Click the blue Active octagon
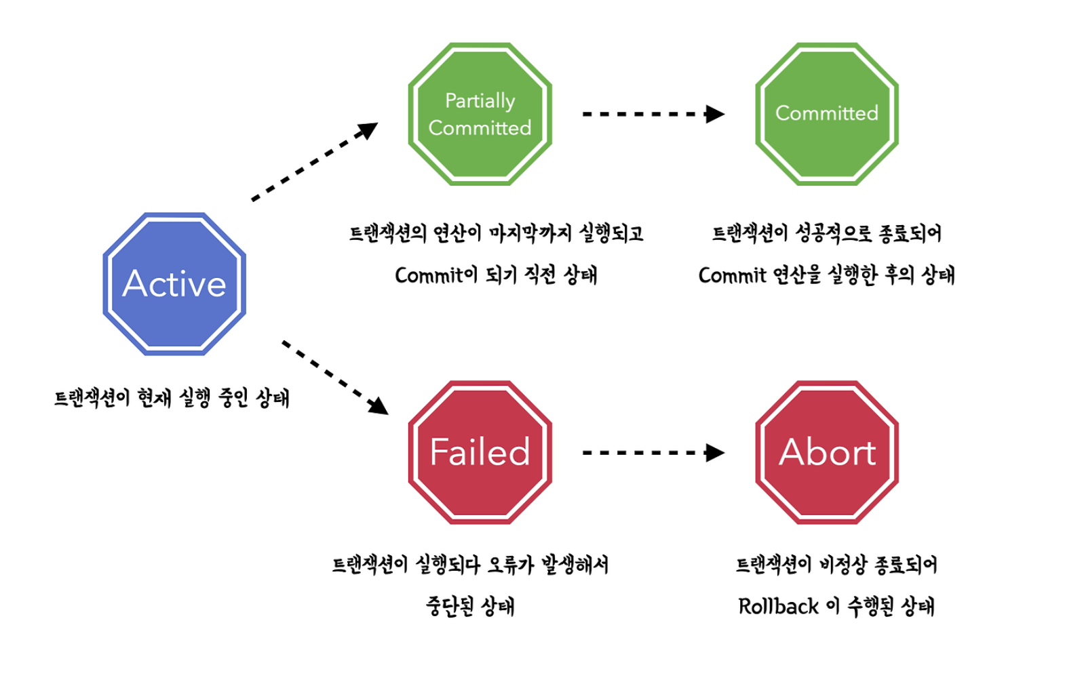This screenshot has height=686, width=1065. (x=174, y=284)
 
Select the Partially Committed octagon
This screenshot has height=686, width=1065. (x=480, y=114)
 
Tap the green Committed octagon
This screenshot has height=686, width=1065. (x=827, y=114)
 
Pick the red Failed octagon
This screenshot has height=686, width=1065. (x=480, y=452)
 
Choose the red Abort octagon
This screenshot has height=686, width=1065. (x=827, y=452)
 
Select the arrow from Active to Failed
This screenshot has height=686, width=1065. (x=334, y=377)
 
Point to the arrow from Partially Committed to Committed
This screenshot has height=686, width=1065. (x=653, y=114)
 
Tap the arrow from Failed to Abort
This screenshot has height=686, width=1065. (x=653, y=452)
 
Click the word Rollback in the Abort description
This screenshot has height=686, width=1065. (x=778, y=606)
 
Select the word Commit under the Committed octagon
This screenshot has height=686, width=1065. (x=732, y=275)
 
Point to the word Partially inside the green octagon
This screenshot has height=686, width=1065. (x=480, y=100)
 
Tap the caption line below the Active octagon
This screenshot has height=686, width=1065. (x=172, y=398)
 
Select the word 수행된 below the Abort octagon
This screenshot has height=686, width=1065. (x=870, y=606)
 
